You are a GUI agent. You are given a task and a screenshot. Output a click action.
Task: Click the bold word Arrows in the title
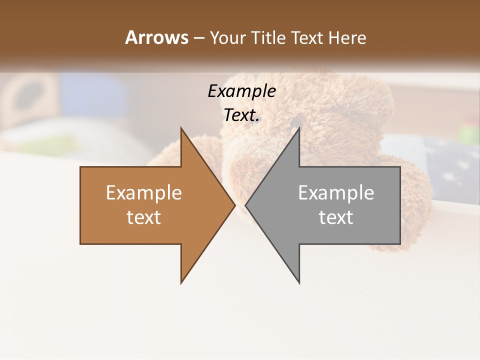click(157, 37)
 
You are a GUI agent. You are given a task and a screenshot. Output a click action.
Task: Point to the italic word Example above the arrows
click(242, 91)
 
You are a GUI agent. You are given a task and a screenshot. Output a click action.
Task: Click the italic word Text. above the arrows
click(242, 115)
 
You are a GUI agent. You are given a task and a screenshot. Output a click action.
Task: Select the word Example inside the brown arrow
click(144, 193)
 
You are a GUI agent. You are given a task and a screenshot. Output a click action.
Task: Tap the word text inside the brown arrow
click(144, 217)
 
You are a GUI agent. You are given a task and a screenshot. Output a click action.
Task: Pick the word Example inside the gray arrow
click(336, 193)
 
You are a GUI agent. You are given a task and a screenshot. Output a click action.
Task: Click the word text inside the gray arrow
click(336, 217)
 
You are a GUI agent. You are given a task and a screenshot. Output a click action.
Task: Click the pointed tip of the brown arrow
click(234, 205)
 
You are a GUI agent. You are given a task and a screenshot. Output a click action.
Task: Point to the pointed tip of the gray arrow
click(246, 205)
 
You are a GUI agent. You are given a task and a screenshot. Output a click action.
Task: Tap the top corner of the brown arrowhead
click(181, 128)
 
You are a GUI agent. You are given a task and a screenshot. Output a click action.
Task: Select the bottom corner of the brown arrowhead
click(181, 283)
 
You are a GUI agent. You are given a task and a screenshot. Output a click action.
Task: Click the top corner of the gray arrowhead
click(299, 128)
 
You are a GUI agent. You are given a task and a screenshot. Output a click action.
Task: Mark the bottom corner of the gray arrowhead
click(299, 283)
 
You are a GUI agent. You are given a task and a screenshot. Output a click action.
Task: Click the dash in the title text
click(198, 38)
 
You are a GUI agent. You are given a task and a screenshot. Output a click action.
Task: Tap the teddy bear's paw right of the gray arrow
click(415, 200)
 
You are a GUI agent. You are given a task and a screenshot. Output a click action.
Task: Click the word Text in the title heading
click(306, 38)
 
